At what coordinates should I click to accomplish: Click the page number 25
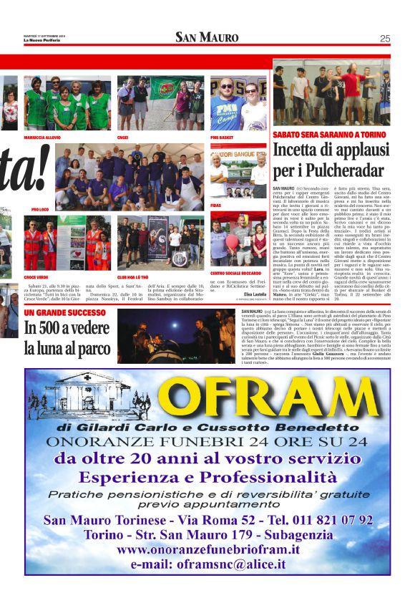pos(384,39)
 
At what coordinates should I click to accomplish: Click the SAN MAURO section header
pos(207,38)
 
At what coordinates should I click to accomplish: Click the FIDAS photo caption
pos(215,205)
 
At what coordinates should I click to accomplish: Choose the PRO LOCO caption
pos(39,209)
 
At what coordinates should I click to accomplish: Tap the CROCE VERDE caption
pos(36,276)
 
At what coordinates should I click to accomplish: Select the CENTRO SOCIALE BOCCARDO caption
pos(234,273)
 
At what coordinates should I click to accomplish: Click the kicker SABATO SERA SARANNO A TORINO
pos(329,134)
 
